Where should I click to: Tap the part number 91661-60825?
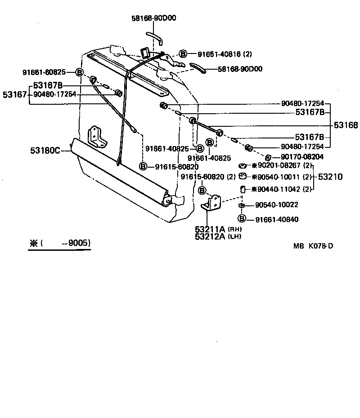tap(44, 72)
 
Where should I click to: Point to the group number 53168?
tap(345, 125)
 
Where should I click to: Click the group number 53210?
tap(330, 177)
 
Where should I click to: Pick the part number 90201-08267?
tap(278, 166)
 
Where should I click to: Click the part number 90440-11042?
tap(278, 189)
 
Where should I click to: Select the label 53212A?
tap(210, 237)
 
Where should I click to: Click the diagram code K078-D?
tap(321, 246)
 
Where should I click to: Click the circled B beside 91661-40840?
tap(242, 219)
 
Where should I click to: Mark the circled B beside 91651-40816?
tap(183, 54)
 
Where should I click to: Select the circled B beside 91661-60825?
tap(79, 72)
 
